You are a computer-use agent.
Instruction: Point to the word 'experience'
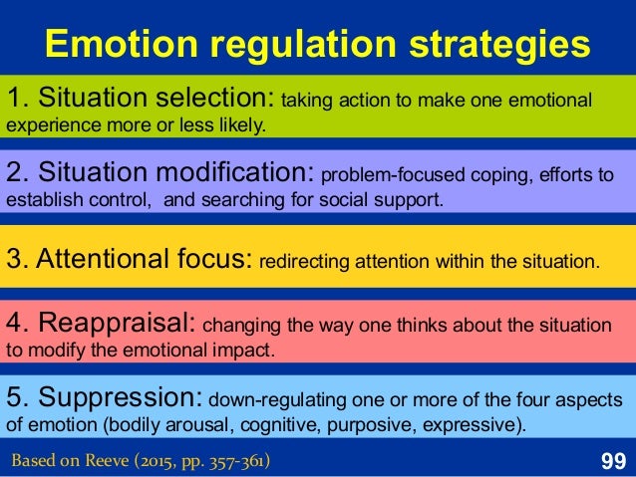(x=51, y=126)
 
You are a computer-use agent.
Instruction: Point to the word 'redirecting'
(x=300, y=264)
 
